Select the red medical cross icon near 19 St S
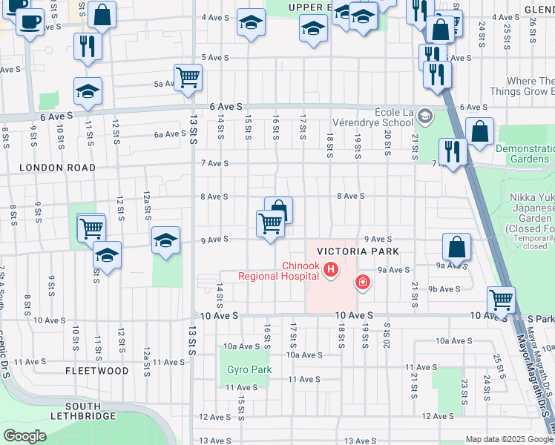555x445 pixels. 362,282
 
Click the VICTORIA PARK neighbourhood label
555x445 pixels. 358,251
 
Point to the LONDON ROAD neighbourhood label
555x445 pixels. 57,168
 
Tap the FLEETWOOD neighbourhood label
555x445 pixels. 96,370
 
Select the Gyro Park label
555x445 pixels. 249,369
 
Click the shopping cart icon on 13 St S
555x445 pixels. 188,76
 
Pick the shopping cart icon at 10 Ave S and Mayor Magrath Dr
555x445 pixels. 502,300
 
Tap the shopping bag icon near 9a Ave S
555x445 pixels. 457,248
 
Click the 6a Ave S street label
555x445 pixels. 170,134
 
